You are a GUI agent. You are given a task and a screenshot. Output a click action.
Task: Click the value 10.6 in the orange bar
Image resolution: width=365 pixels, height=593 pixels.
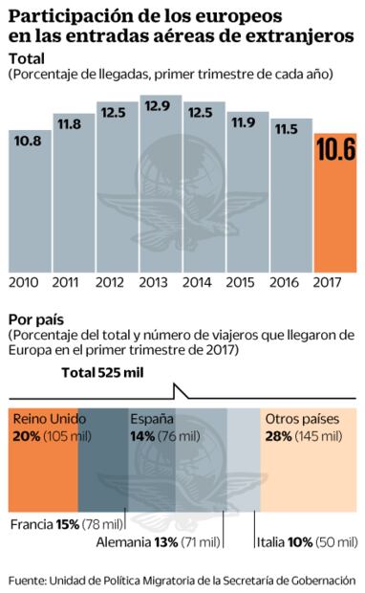[x=336, y=150]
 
